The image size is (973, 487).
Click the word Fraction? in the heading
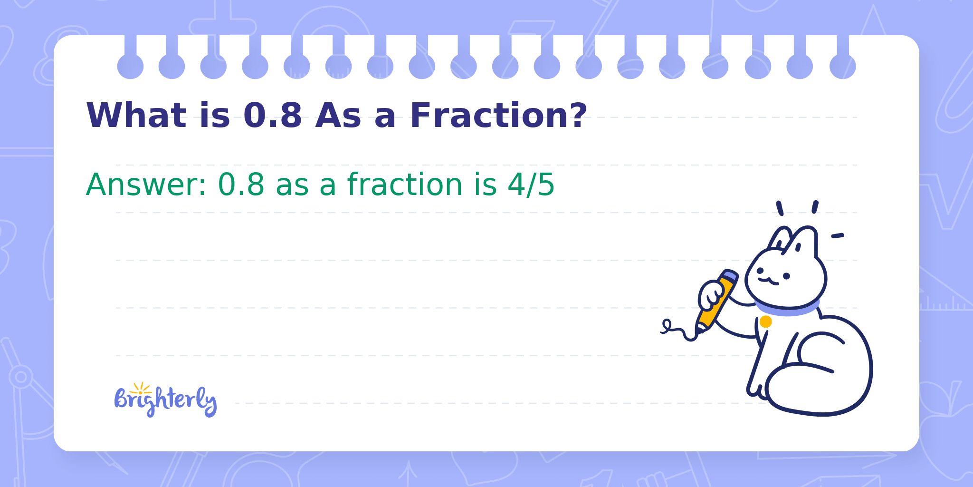(498, 116)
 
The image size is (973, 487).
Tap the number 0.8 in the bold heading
(273, 116)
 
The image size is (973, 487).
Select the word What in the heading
(136, 116)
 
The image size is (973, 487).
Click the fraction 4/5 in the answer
(531, 185)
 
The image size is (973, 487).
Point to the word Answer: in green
(146, 185)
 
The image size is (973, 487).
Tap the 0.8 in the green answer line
(241, 185)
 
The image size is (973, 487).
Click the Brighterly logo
(165, 400)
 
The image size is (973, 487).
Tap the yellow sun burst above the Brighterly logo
(141, 388)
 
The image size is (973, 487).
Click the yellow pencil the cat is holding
(716, 300)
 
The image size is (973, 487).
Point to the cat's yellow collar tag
(765, 322)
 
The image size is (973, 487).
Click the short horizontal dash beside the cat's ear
(837, 235)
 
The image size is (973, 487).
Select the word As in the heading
(338, 116)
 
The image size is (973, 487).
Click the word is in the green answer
(485, 185)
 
